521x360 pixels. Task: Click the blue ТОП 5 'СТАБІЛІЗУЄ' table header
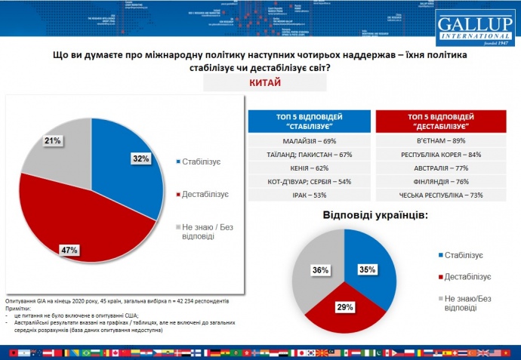coord(310,122)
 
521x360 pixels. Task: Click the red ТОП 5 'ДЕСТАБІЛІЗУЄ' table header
coord(440,122)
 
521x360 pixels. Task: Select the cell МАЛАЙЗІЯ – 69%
coord(310,140)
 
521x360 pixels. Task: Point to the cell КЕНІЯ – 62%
coord(310,168)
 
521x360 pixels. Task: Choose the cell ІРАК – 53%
coord(310,195)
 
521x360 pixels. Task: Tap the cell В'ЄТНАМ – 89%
coord(440,140)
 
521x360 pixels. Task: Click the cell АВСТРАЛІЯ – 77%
coord(440,168)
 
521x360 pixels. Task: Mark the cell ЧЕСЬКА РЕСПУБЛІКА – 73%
coord(440,195)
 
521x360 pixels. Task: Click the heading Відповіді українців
coord(375,214)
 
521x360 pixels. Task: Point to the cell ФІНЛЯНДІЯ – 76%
coord(440,181)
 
